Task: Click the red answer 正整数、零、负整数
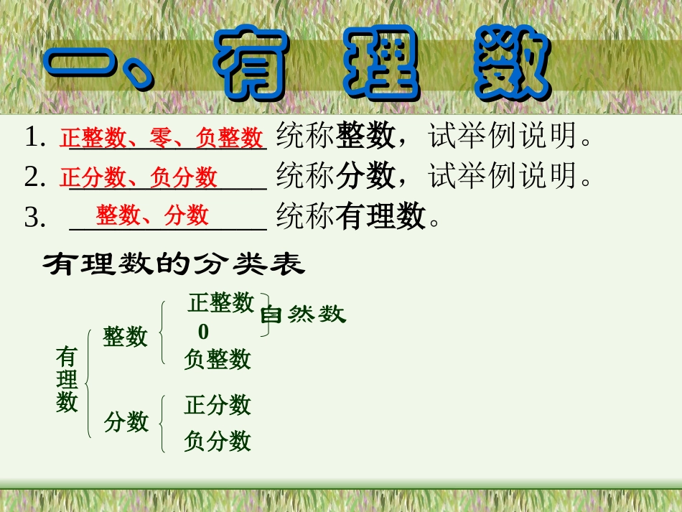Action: click(162, 137)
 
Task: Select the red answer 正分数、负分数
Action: click(139, 177)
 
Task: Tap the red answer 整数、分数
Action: click(152, 215)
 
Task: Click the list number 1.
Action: click(35, 137)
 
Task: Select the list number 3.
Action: click(35, 218)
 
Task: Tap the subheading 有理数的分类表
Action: click(174, 265)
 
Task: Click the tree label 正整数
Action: click(221, 302)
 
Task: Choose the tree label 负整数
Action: click(217, 358)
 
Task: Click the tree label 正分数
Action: click(217, 405)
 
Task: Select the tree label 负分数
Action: click(217, 440)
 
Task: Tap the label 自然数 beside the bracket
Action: click(302, 315)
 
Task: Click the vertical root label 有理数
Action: click(67, 379)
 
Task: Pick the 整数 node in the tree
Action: click(125, 336)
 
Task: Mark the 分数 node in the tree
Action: click(126, 422)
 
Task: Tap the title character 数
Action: click(512, 64)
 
